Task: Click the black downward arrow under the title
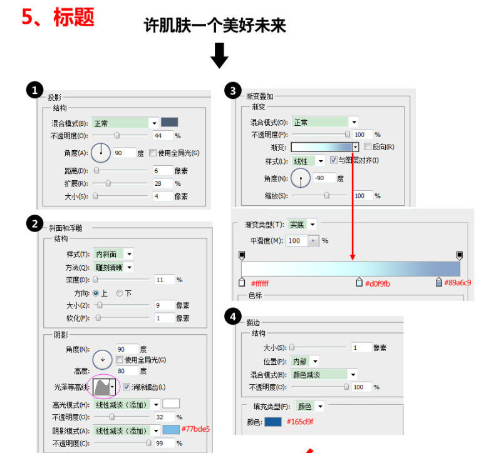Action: [x=219, y=55]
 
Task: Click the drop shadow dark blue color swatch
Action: [x=170, y=123]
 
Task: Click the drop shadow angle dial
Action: [x=100, y=153]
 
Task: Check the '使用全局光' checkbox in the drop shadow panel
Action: [x=153, y=153]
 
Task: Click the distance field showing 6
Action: [x=162, y=170]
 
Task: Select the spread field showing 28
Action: [x=162, y=183]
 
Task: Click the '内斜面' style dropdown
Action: [x=113, y=254]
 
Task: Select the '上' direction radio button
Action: [x=96, y=293]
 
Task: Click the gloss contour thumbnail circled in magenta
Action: [x=104, y=387]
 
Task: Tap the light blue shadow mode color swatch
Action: [x=171, y=430]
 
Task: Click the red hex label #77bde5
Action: [x=195, y=429]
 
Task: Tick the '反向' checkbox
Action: [x=367, y=147]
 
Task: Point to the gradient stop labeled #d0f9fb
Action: [x=359, y=282]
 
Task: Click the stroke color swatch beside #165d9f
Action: [x=272, y=422]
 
